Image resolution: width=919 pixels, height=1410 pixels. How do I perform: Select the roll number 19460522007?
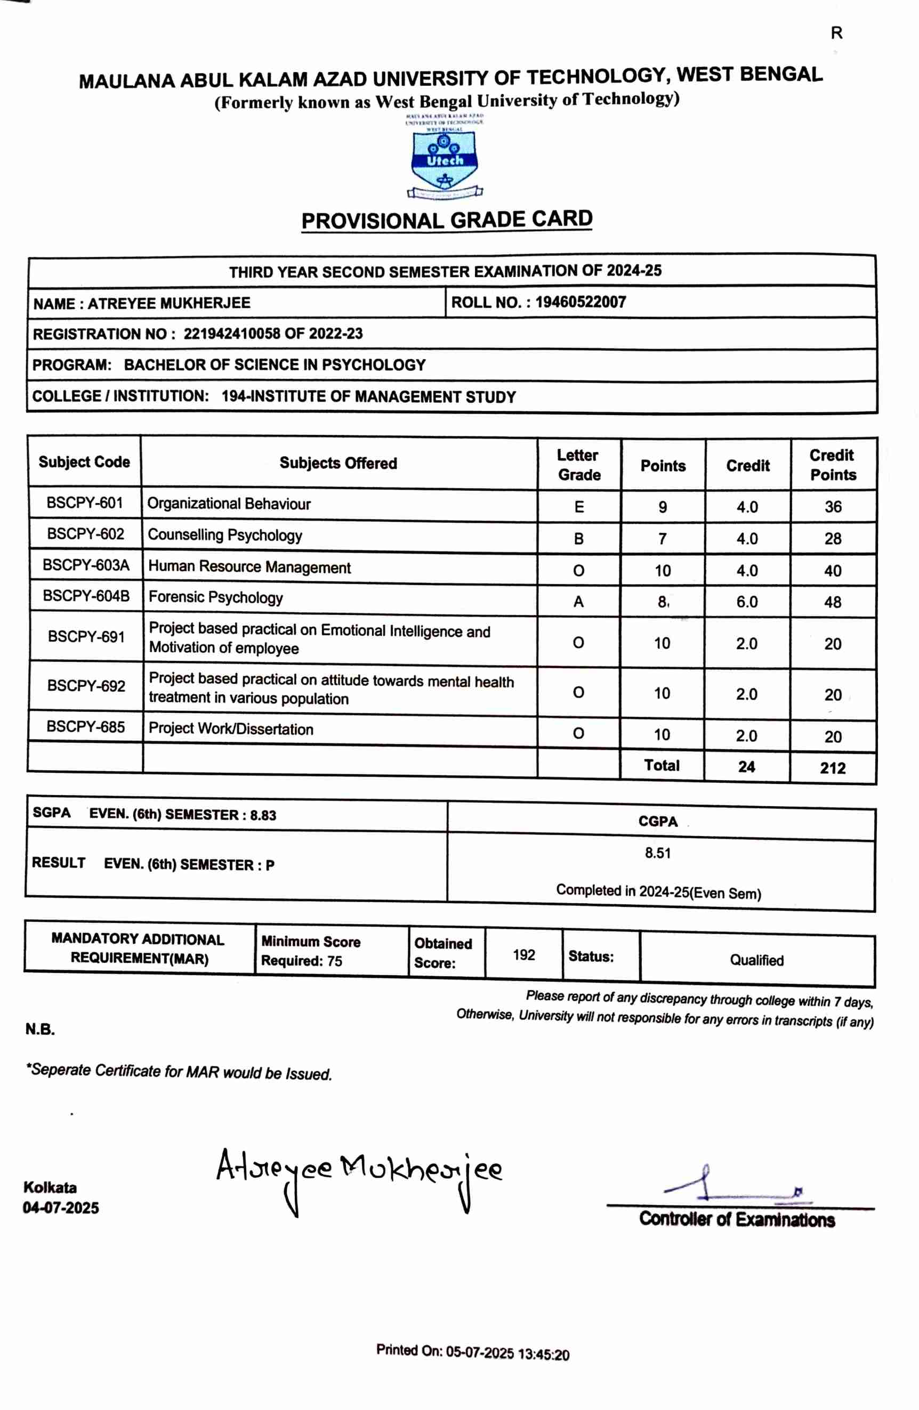coord(580,302)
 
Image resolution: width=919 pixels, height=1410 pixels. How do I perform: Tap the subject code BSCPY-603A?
coord(86,565)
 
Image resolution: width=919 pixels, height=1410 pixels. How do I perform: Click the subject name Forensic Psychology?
coord(216,597)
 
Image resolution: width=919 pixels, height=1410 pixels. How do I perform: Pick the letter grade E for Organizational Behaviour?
coord(579,507)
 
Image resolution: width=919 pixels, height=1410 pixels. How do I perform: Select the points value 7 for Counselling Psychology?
coord(662,539)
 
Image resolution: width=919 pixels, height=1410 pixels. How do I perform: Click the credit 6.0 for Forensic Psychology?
coord(747,602)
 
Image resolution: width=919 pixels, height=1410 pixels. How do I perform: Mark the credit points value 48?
coord(833,603)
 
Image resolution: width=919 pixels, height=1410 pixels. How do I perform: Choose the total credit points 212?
coord(833,768)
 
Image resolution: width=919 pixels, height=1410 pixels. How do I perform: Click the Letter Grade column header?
coord(579,465)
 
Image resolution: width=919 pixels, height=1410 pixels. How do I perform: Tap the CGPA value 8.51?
coord(658,853)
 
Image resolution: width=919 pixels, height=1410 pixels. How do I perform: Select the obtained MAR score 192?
coord(524,955)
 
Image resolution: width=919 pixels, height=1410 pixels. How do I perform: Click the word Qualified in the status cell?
coord(756,960)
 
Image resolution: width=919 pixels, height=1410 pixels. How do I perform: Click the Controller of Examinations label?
coord(737,1219)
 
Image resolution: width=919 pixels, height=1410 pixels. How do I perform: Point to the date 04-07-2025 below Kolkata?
coord(61,1208)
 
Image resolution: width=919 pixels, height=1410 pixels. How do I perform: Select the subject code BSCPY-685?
coord(86,727)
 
